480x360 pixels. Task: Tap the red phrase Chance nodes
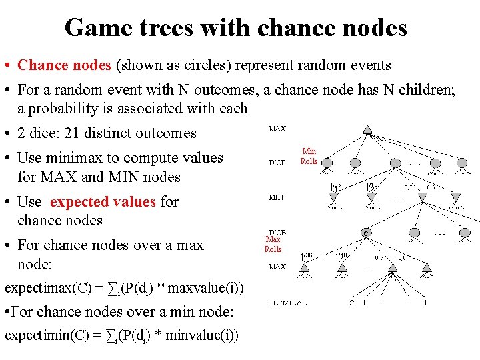coord(65,65)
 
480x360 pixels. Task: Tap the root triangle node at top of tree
coord(367,129)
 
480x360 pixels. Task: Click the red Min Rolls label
coord(309,156)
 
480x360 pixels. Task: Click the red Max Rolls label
coord(273,244)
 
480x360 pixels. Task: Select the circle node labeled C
coord(366,233)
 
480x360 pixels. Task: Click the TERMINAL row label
coord(287,303)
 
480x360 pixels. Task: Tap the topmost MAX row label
coord(277,129)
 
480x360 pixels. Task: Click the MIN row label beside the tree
coord(276,197)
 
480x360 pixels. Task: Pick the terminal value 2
coord(351,303)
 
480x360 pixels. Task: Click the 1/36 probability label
coord(307,255)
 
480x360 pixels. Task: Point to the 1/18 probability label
coord(341,255)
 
